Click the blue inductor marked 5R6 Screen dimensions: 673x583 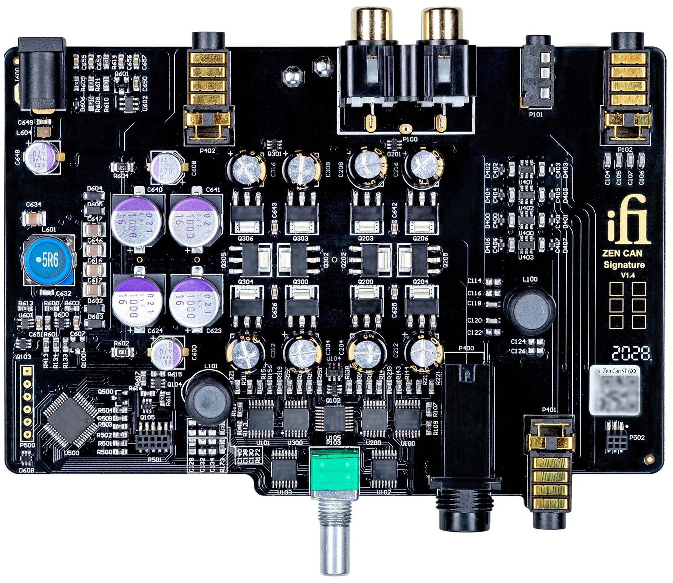(48, 261)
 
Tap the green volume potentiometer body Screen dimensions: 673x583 (335, 473)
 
